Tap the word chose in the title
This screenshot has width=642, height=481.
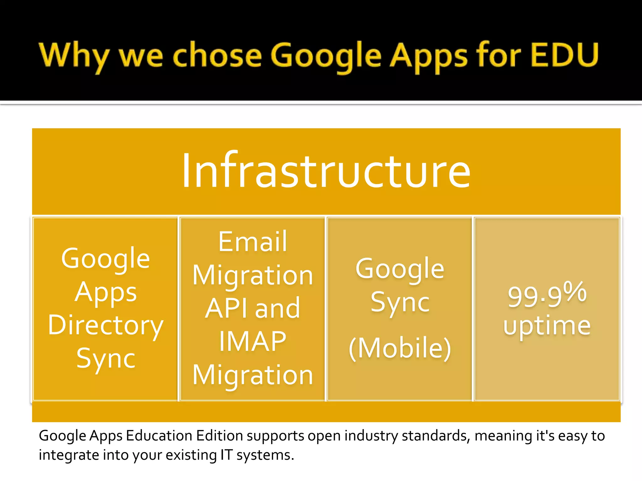(217, 56)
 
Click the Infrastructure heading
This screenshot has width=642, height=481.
(326, 171)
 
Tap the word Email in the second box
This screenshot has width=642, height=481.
(253, 242)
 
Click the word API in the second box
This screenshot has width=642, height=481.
(226, 308)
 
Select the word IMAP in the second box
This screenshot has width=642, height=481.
(253, 341)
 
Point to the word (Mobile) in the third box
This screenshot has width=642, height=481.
(400, 348)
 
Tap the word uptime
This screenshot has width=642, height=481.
(547, 326)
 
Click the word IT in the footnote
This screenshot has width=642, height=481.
(226, 455)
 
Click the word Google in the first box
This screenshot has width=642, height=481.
(106, 259)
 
